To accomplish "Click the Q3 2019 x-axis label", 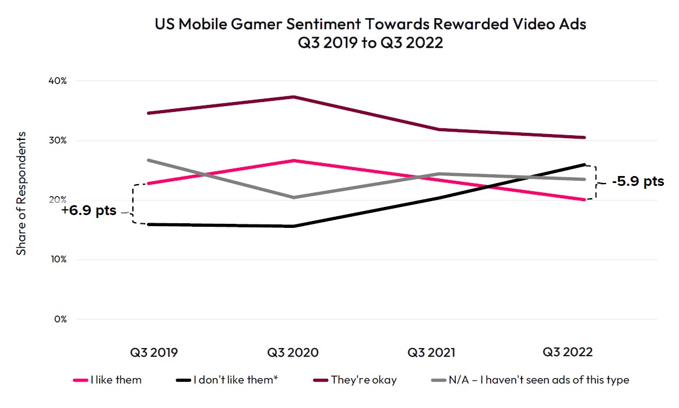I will coord(154,353).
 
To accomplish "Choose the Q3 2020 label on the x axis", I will coord(293,353).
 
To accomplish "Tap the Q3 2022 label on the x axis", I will coord(568,353).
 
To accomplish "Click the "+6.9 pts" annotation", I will coord(89,210).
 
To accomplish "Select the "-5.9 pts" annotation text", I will coord(638,181).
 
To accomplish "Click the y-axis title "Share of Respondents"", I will coord(22,193).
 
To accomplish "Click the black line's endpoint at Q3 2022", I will coord(585,164).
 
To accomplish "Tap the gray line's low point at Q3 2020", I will coord(293,198).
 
